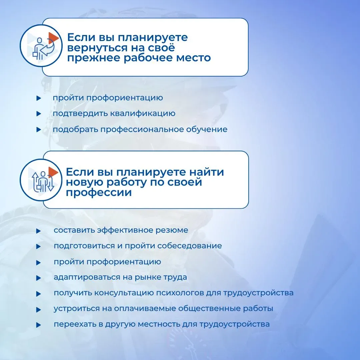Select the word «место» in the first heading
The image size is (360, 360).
(x=193, y=58)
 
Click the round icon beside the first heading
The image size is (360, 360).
(x=41, y=45)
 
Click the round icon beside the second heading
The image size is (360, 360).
(x=41, y=180)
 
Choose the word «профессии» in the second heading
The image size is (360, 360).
(x=99, y=193)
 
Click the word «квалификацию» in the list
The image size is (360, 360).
(x=143, y=113)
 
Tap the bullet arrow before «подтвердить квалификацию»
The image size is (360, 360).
(x=39, y=114)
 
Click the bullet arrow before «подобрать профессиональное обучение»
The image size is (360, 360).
(x=39, y=129)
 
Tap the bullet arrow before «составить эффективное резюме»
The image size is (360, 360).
(x=39, y=231)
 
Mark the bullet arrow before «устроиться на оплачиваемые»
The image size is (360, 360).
(x=39, y=310)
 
